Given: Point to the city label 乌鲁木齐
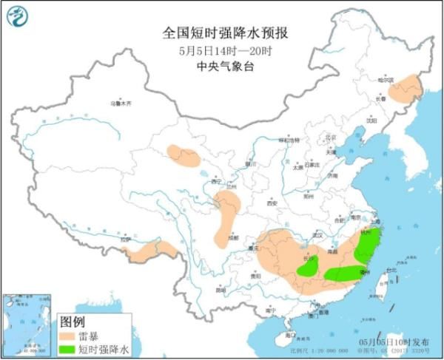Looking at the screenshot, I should click(120, 103).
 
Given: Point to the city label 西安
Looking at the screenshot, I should click(270, 203).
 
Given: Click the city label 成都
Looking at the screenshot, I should click(234, 238).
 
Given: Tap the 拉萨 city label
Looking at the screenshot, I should click(127, 239).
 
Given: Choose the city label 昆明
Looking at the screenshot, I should click(221, 289).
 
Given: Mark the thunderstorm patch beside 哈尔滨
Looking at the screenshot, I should click(405, 92).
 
